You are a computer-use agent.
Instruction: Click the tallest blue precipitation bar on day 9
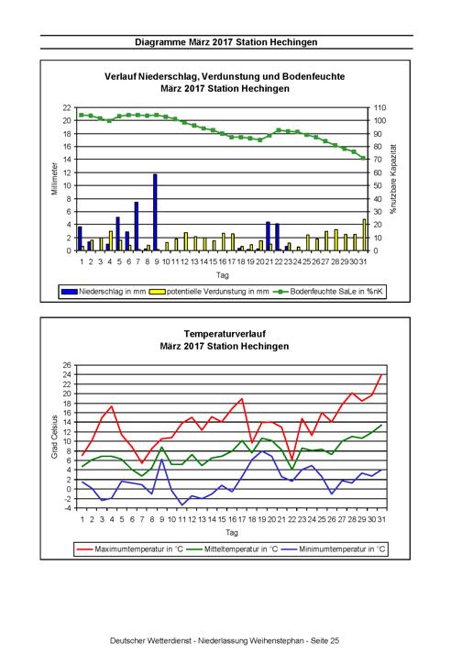(155, 212)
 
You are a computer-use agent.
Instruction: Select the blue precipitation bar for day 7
(137, 226)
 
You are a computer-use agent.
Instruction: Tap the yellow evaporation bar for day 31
(364, 235)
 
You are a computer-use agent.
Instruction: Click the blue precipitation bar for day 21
(268, 236)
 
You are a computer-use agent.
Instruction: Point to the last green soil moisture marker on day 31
(363, 158)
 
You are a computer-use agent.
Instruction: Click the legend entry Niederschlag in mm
(104, 292)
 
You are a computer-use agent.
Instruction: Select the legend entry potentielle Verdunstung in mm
(209, 292)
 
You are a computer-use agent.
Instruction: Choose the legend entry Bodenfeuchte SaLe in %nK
(328, 292)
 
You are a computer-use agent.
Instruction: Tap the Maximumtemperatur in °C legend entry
(130, 549)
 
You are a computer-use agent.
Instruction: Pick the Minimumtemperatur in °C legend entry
(334, 549)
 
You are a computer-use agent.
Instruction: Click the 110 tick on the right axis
(379, 107)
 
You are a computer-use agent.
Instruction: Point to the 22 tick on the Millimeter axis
(67, 107)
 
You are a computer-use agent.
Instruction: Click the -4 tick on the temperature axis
(68, 508)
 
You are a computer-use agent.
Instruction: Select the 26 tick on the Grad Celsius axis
(68, 365)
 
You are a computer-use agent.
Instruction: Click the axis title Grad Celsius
(54, 437)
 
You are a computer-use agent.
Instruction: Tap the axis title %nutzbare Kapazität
(392, 179)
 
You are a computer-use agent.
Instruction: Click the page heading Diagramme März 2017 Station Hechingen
(226, 42)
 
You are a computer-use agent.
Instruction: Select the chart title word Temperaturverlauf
(225, 334)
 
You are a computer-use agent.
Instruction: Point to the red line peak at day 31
(381, 374)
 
